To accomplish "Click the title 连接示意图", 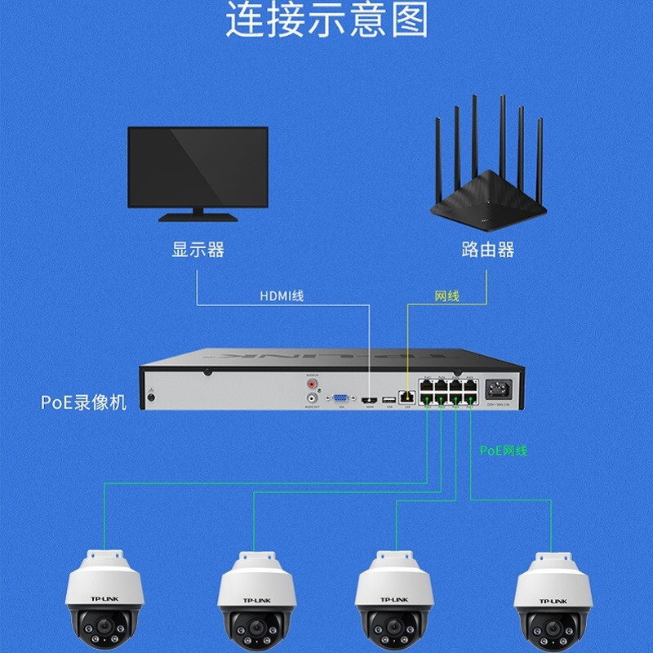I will click(326, 21).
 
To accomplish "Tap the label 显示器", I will click(198, 250).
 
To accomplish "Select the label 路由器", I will click(487, 250).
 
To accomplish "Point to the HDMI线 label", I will click(282, 295).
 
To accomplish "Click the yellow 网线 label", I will click(446, 295).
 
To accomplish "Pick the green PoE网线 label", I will click(503, 451).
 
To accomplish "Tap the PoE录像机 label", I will click(84, 402).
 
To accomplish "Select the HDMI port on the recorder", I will click(370, 399).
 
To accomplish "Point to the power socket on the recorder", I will click(498, 389).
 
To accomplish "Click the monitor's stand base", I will click(198, 217).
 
